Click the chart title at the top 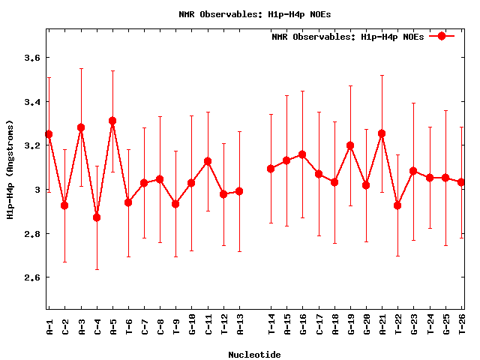254,14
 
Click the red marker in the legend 442,36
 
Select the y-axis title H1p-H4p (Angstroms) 10,170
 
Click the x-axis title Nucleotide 254,355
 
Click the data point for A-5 112,121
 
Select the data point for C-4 97,217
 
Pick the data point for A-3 81,127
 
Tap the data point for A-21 382,133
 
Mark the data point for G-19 350,145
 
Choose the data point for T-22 397,205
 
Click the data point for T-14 271,169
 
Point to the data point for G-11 208,161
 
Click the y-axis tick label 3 37,190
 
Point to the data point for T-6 128,202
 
